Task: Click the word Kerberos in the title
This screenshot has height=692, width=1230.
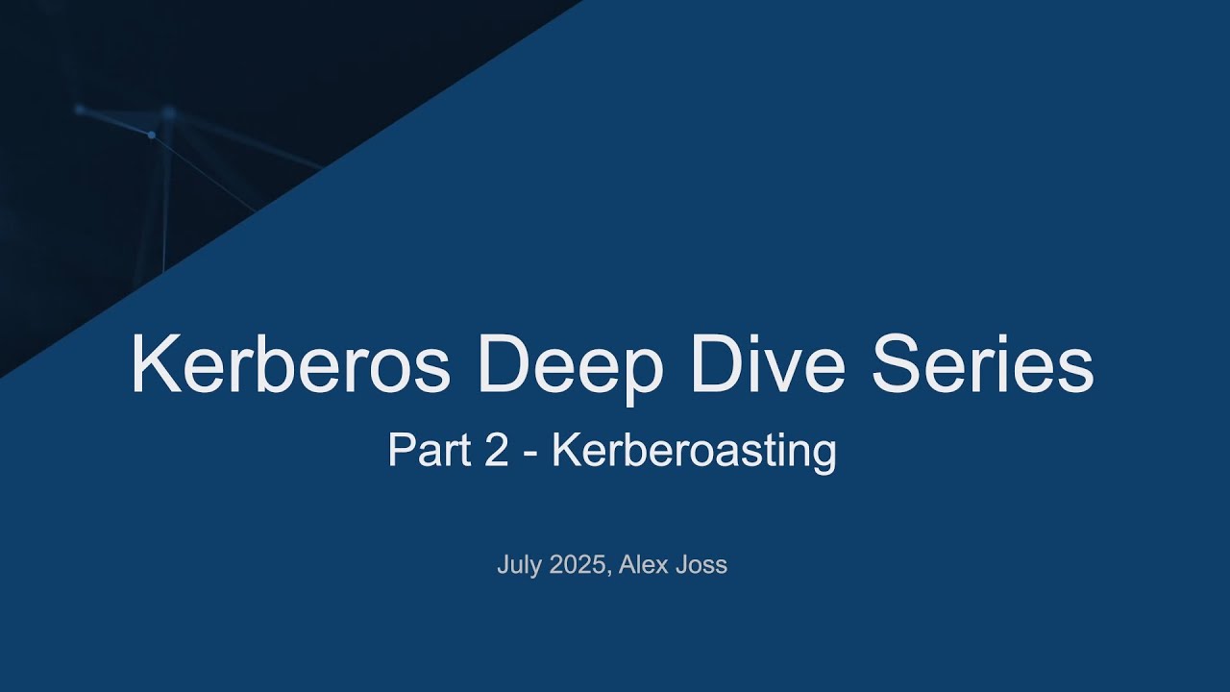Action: pyautogui.click(x=290, y=365)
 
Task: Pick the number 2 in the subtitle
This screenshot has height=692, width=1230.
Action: pyautogui.click(x=497, y=450)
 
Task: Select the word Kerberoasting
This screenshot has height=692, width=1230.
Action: pyautogui.click(x=693, y=450)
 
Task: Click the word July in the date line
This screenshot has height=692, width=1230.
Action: pyautogui.click(x=519, y=565)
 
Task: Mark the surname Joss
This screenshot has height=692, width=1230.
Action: pyautogui.click(x=702, y=565)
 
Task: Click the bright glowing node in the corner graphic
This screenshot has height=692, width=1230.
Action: pyautogui.click(x=151, y=136)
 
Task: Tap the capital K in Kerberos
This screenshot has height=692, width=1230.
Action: pyautogui.click(x=153, y=365)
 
